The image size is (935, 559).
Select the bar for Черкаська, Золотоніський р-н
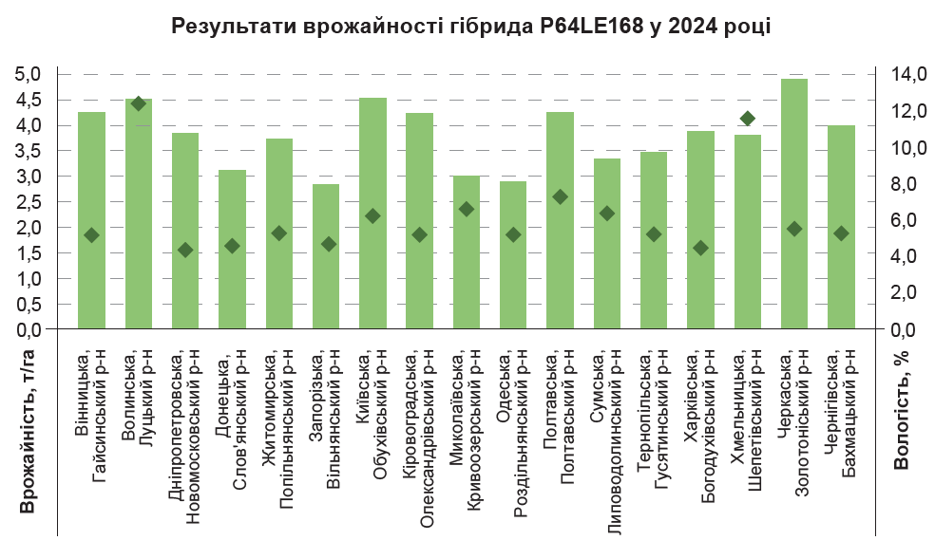pyautogui.click(x=794, y=204)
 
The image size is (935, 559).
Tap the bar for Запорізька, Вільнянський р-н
pyautogui.click(x=326, y=256)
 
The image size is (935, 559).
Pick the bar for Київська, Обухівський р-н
pyautogui.click(x=372, y=214)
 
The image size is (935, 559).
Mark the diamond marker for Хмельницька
pyautogui.click(x=748, y=119)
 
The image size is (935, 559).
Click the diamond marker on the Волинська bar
pyautogui.click(x=139, y=103)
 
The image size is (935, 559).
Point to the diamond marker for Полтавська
pyautogui.click(x=561, y=196)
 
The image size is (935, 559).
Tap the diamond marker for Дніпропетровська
pyautogui.click(x=185, y=250)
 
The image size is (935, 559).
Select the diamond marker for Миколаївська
pyautogui.click(x=467, y=209)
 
